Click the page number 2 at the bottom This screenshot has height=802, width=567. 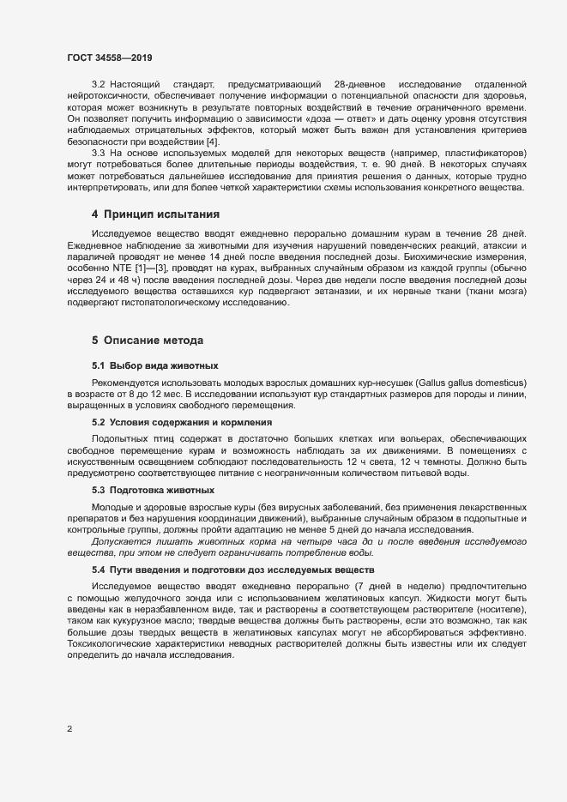(69, 729)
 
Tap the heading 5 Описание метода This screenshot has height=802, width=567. (148, 340)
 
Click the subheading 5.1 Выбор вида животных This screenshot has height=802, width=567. (148, 365)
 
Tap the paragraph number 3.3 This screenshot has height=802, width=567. (98, 152)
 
